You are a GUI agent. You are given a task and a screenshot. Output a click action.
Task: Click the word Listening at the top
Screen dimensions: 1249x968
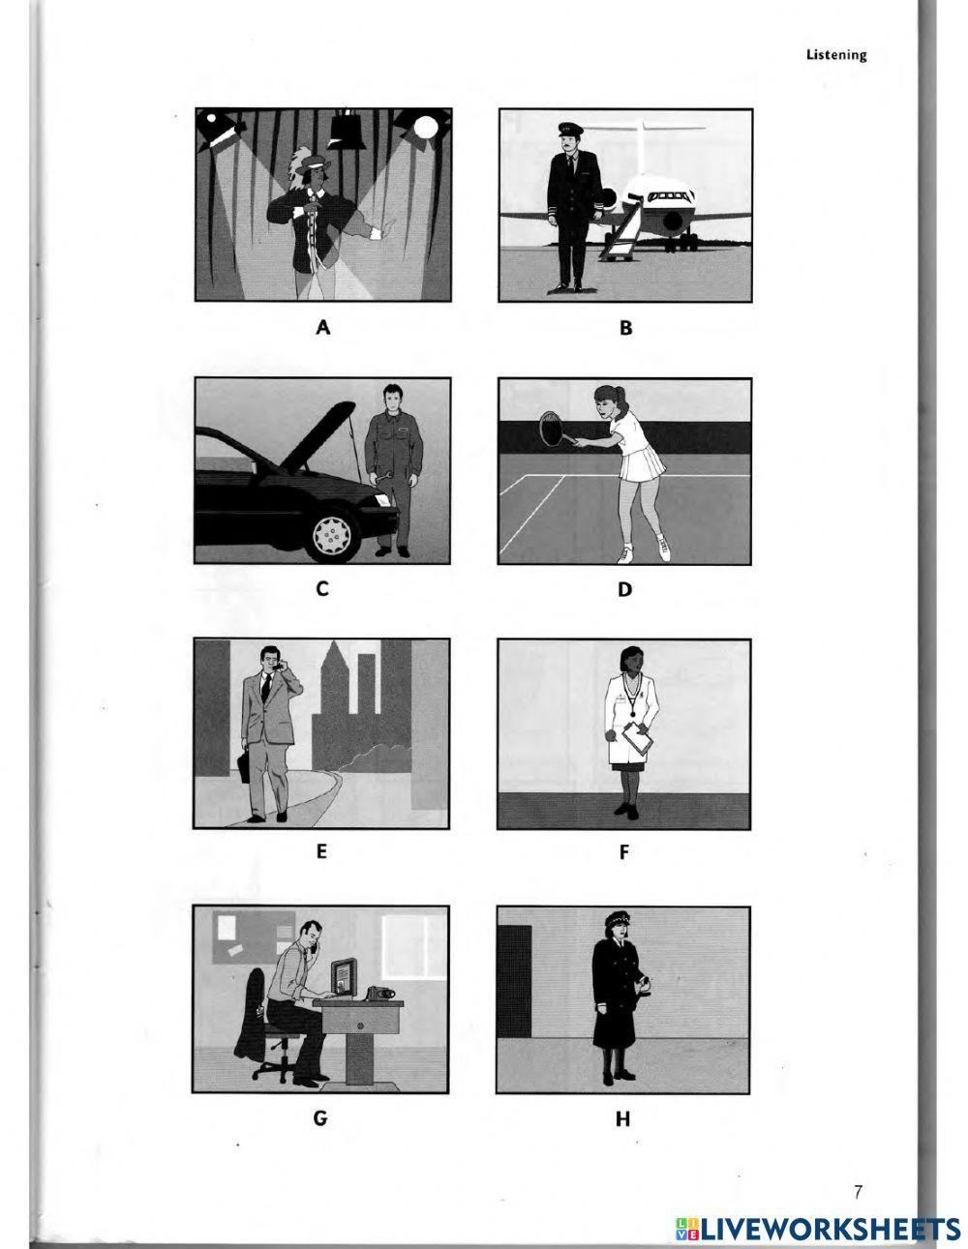836,55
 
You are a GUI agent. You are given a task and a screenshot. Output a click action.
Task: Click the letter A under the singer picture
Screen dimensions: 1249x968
323,327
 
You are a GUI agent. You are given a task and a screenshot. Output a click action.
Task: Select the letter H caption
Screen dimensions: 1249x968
622,1119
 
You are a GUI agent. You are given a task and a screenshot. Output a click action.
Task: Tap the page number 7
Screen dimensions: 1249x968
858,1192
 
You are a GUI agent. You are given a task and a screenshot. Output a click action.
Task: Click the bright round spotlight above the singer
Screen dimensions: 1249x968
426,126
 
